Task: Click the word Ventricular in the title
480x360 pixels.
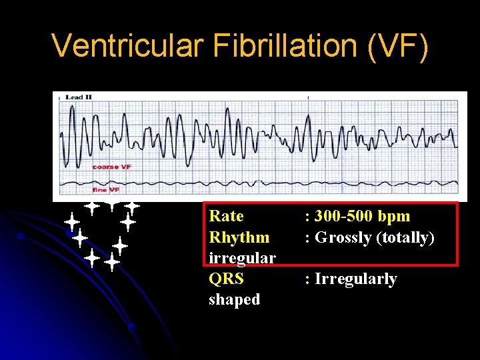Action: [127, 45]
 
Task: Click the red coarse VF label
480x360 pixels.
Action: [111, 167]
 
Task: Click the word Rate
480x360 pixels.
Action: [226, 216]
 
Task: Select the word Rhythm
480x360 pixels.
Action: [239, 237]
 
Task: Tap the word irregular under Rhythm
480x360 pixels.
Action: [242, 258]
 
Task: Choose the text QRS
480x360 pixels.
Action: [226, 279]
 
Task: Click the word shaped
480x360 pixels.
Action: [234, 299]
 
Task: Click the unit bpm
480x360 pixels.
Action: [394, 216]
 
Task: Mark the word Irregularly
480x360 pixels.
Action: [355, 279]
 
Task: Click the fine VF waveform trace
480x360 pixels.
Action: [267, 183]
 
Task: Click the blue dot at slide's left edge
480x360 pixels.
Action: [21, 236]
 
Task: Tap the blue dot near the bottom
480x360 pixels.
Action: [131, 327]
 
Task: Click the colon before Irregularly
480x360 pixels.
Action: [307, 279]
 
